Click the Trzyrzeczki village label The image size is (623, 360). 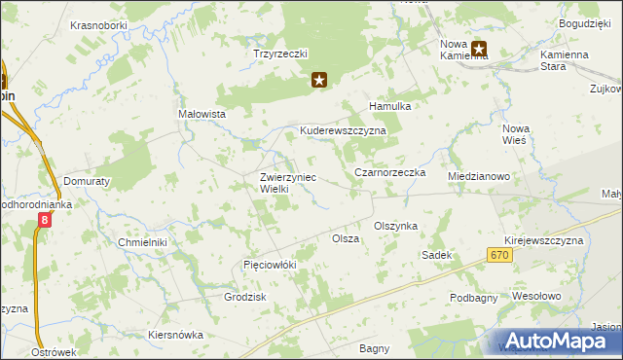[280, 54]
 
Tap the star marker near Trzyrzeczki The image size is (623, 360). [318, 80]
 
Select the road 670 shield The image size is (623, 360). [499, 254]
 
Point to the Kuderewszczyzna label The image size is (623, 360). [343, 130]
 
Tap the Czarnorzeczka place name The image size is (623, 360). [389, 172]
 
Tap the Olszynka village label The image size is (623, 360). [395, 226]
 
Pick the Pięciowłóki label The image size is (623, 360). [269, 265]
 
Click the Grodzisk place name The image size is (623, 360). [245, 297]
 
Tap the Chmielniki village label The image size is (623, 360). [142, 241]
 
